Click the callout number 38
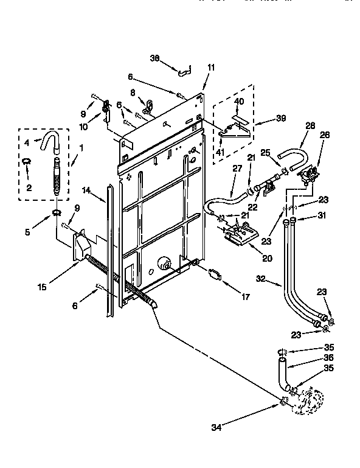click(154, 59)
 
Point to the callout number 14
click(87, 190)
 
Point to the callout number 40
click(239, 101)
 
